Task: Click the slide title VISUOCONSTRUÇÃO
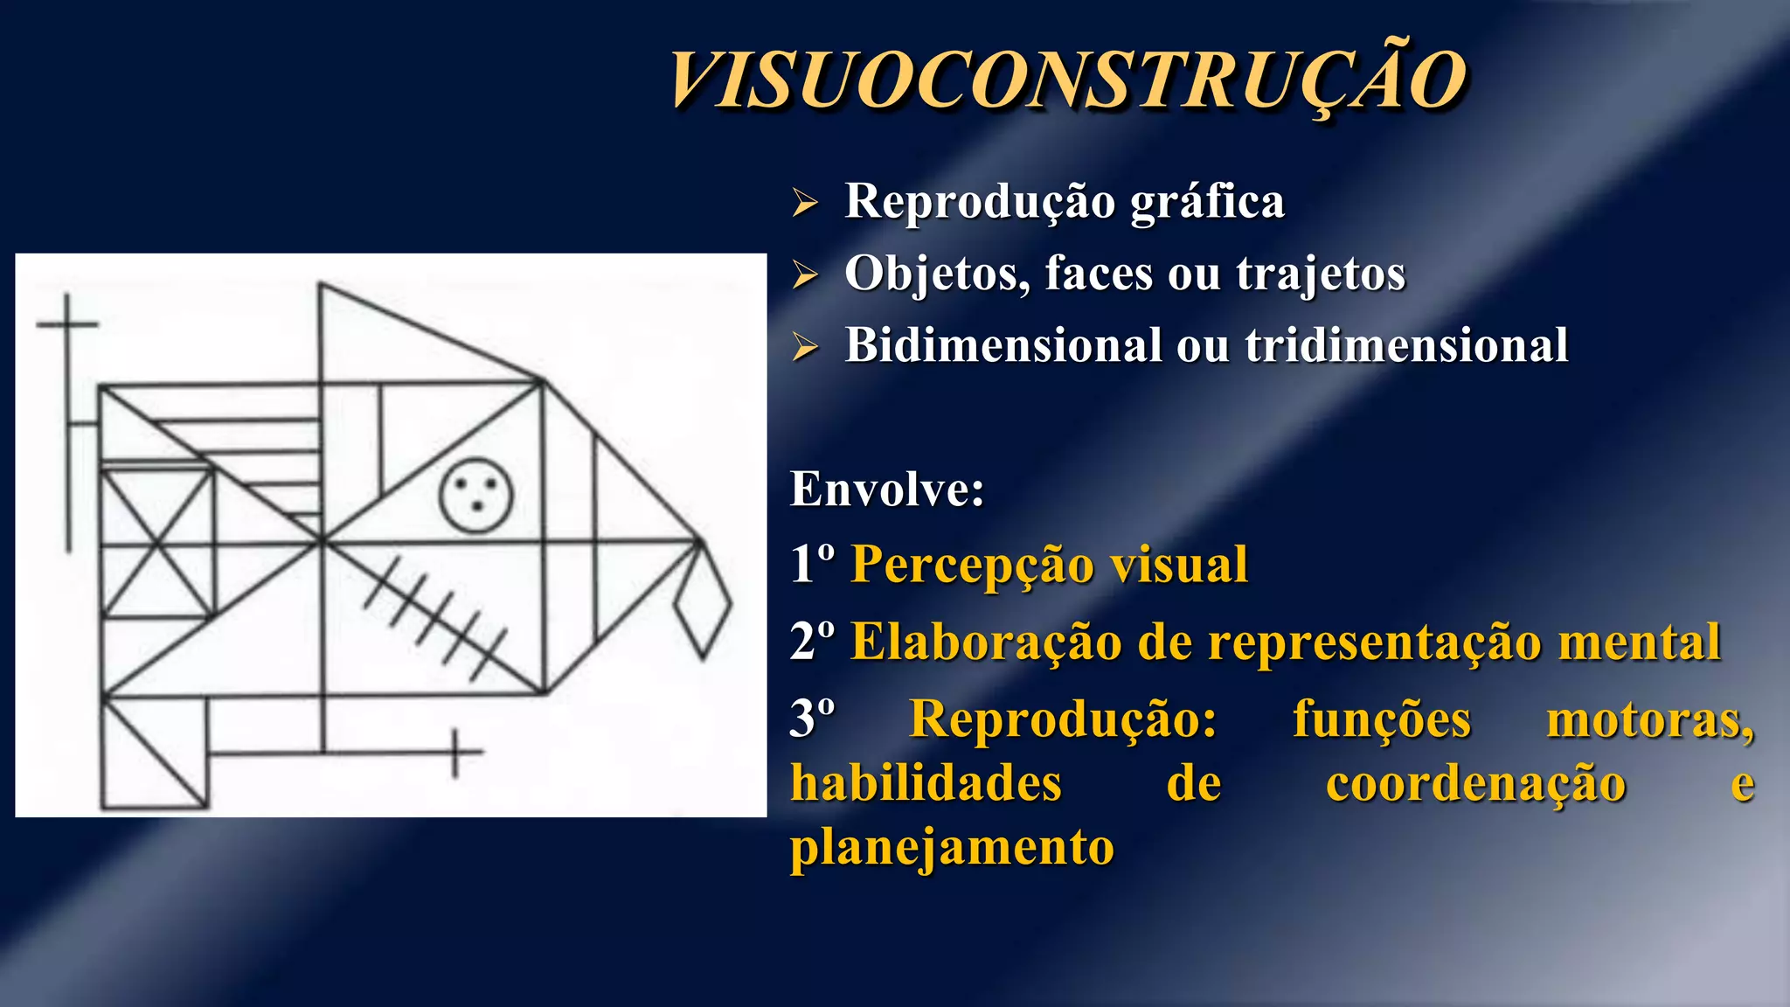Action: point(1068,80)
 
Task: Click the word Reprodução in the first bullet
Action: point(979,202)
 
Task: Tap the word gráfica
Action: point(1207,202)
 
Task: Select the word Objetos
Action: point(936,274)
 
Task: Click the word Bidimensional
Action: point(1002,345)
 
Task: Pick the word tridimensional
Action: point(1406,345)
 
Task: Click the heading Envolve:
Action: point(887,489)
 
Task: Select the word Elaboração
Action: point(985,642)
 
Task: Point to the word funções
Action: point(1382,719)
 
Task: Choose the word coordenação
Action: point(1475,783)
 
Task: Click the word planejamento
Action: point(952,847)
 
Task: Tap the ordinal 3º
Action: point(812,719)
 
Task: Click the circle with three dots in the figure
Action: point(475,495)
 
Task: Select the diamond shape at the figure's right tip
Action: point(703,606)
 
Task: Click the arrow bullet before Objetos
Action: point(805,274)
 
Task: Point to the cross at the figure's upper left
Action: point(68,325)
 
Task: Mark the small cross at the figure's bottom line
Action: point(454,752)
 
